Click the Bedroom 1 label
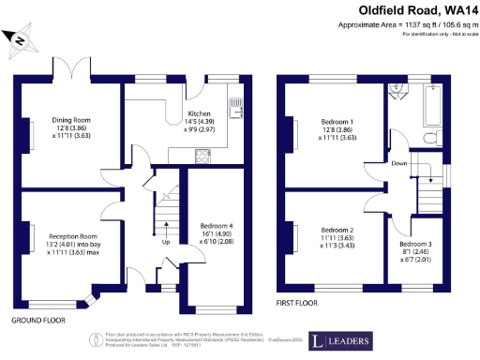pos(337,123)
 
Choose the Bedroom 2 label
pos(337,230)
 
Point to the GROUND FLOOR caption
pos(37,320)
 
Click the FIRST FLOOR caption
pos(297,303)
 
